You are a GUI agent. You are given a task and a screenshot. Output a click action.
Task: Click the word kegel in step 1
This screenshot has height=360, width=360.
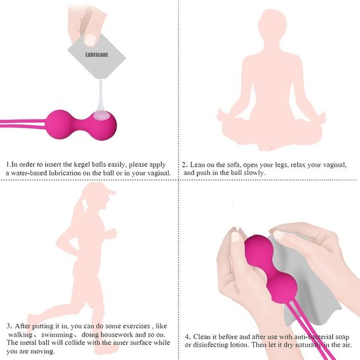[x=80, y=163]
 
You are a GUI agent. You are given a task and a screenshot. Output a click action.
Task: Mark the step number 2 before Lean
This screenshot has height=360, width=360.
[x=184, y=164]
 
